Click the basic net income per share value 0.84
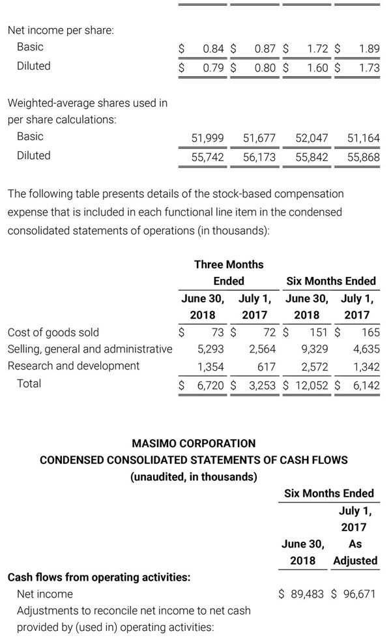(x=214, y=49)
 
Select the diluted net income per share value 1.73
(x=369, y=68)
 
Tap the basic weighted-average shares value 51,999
(x=208, y=138)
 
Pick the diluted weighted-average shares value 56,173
(x=259, y=157)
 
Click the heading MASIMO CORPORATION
(x=194, y=444)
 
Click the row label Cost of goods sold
(x=53, y=332)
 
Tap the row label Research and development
(x=74, y=366)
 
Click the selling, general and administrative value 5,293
(x=210, y=349)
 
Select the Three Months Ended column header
(x=229, y=272)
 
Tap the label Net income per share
(x=61, y=30)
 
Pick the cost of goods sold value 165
(x=371, y=332)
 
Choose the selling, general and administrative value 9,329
(x=315, y=349)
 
